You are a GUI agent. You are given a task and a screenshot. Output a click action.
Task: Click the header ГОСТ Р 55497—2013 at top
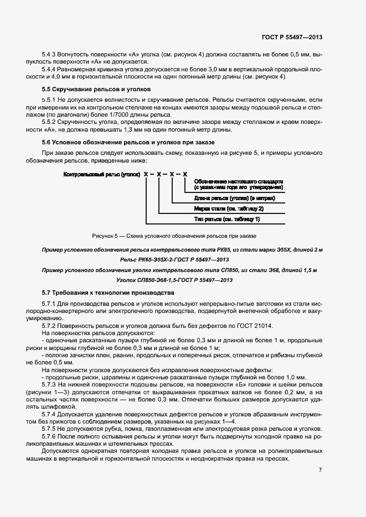tap(292, 37)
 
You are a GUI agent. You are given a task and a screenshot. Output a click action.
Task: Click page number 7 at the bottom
tap(320, 469)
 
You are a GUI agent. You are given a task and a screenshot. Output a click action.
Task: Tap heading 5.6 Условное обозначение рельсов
tap(128, 143)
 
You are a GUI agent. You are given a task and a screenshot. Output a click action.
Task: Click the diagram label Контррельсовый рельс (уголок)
tap(101, 174)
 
